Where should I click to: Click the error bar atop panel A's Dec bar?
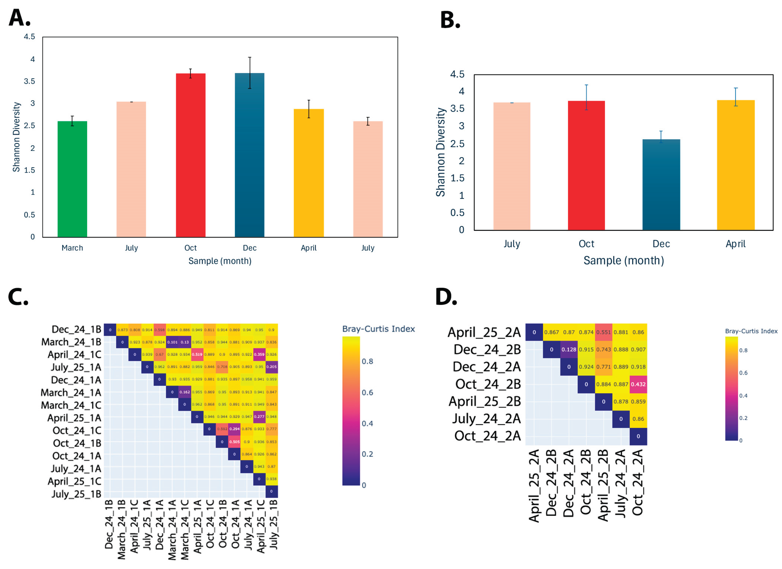click(x=250, y=72)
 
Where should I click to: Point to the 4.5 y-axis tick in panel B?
click(x=457, y=74)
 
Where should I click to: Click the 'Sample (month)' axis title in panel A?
click(x=220, y=261)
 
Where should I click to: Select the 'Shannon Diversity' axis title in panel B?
click(x=441, y=152)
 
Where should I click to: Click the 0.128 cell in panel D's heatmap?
click(x=569, y=350)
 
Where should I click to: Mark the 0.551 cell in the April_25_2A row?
click(x=603, y=332)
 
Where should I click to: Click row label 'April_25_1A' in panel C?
click(x=74, y=418)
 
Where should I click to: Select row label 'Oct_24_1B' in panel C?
click(x=77, y=443)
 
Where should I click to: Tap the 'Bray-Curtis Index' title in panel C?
click(x=378, y=329)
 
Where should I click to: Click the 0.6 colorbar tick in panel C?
click(x=367, y=392)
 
